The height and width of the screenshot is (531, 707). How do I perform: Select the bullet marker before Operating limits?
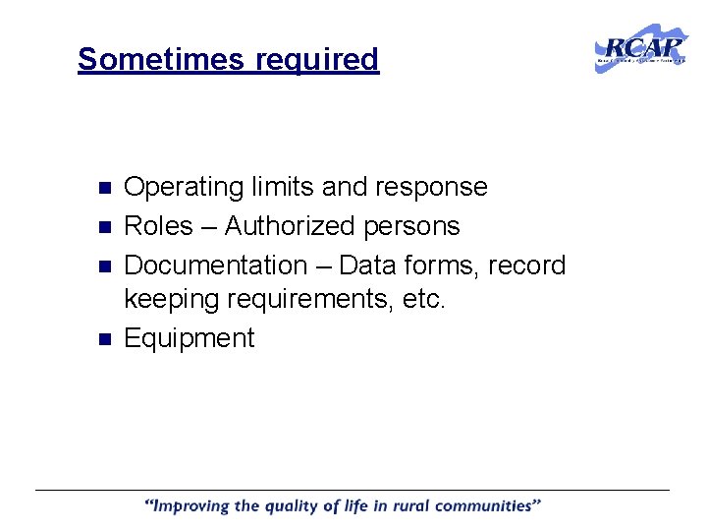tap(107, 187)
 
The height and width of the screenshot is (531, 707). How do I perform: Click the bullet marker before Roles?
tap(107, 226)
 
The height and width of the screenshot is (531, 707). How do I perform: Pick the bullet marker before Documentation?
tap(107, 265)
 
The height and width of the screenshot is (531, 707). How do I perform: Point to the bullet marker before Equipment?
tap(107, 338)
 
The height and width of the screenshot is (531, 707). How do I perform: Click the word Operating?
tap(184, 187)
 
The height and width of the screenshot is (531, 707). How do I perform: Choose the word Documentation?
tap(216, 265)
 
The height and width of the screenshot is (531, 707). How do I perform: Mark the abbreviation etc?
tap(422, 300)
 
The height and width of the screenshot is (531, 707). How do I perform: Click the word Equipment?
tap(190, 338)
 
